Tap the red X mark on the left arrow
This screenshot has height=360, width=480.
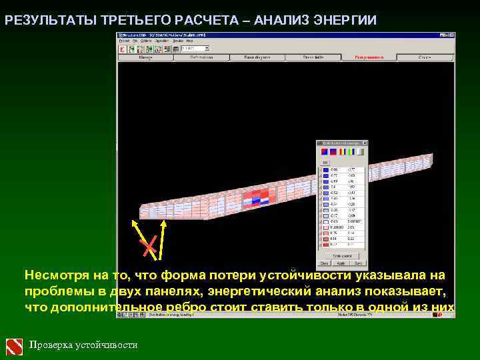(150, 247)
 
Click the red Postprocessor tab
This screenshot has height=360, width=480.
(369, 58)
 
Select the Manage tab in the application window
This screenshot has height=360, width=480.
(146, 58)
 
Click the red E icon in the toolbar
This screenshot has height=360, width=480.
(123, 49)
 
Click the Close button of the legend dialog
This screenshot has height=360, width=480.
(325, 263)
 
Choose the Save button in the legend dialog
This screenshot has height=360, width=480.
(358, 263)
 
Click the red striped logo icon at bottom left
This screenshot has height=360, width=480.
(15, 345)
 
